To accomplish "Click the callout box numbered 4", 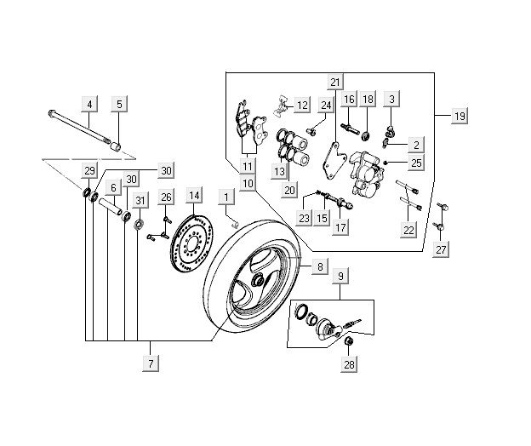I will pyautogui.click(x=89, y=105).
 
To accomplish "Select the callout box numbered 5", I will pyautogui.click(x=119, y=105).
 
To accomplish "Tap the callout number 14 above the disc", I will pyautogui.click(x=194, y=196).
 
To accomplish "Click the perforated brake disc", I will pyautogui.click(x=193, y=242).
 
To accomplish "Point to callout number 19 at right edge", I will pyautogui.click(x=459, y=116).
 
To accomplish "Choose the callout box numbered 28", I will pyautogui.click(x=348, y=365).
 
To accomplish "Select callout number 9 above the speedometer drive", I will pyautogui.click(x=340, y=276).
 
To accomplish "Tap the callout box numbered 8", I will pyautogui.click(x=320, y=267).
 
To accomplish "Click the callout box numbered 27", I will pyautogui.click(x=441, y=250).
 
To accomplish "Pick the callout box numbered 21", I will pyautogui.click(x=334, y=83).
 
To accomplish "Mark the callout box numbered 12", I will pyautogui.click(x=302, y=106).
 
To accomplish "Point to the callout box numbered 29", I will pyautogui.click(x=89, y=171).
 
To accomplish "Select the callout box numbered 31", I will pyautogui.click(x=140, y=200).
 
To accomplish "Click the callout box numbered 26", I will pyautogui.click(x=167, y=197).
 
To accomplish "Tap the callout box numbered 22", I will pyautogui.click(x=409, y=230).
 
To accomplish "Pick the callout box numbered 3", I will pyautogui.click(x=391, y=100).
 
